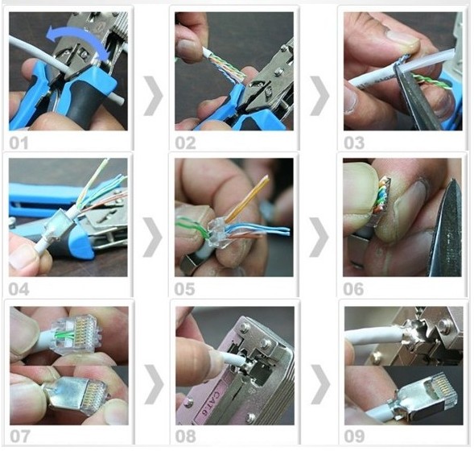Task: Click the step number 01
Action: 19,143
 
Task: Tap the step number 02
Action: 185,143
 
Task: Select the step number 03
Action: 354,143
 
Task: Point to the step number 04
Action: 19,289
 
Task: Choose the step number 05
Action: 185,289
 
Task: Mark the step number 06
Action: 353,289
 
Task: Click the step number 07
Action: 20,437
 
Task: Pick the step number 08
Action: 186,437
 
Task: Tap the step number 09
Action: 354,437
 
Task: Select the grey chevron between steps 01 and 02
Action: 153,96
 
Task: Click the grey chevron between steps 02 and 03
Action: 319,96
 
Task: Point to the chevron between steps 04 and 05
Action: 153,237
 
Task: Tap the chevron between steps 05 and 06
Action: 319,237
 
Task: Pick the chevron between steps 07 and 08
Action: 154,384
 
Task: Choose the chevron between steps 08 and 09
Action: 321,384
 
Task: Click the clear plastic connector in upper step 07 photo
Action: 76,334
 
